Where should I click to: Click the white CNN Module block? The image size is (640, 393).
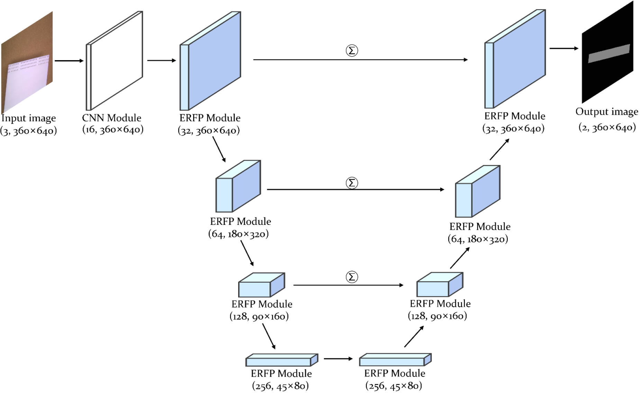[x=115, y=61]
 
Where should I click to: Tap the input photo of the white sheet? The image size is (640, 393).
[x=27, y=64]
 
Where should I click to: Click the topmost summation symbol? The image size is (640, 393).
[x=352, y=51]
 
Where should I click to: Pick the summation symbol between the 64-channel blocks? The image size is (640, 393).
[x=352, y=183]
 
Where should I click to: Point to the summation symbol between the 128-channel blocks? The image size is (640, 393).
[x=352, y=277]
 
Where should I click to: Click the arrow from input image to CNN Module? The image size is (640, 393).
[x=69, y=61]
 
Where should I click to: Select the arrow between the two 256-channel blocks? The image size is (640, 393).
[x=338, y=359]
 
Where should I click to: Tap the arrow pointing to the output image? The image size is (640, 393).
[x=564, y=48]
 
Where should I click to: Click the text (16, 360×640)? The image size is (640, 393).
[x=113, y=130]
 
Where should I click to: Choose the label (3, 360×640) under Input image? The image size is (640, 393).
[x=28, y=131]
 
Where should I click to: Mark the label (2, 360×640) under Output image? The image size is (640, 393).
[x=607, y=127]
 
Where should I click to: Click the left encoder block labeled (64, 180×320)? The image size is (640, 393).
[x=238, y=186]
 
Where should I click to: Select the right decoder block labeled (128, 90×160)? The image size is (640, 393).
[x=440, y=285]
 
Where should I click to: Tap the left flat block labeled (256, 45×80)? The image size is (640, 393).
[x=281, y=360]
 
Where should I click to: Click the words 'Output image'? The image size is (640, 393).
[x=607, y=112]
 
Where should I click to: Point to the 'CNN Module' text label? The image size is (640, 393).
[x=111, y=118]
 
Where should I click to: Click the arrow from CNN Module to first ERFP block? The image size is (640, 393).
[x=162, y=61]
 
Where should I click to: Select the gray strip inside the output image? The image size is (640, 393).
[x=609, y=53]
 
